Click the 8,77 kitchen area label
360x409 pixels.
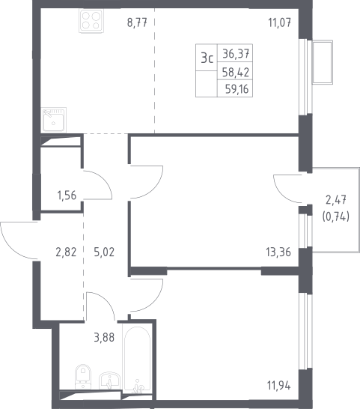coord(137,22)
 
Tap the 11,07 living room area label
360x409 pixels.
coord(280,22)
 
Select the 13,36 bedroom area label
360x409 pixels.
coord(278,252)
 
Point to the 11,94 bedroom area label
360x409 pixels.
coord(278,385)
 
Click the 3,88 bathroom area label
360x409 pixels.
coord(104,337)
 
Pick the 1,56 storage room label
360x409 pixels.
coord(67,195)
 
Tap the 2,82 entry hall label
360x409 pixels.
coord(66,252)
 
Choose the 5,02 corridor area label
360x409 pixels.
coord(104,252)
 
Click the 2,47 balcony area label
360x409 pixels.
coord(336,200)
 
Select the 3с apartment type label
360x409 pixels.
coord(207,58)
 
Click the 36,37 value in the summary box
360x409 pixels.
coord(236,54)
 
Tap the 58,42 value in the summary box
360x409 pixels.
coord(236,72)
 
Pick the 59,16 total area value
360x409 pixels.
coord(237,89)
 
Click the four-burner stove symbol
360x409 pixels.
coord(91,21)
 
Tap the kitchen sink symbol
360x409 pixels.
coord(54,120)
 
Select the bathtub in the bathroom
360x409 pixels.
coord(138,360)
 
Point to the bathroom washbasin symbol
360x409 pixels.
coord(109,381)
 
